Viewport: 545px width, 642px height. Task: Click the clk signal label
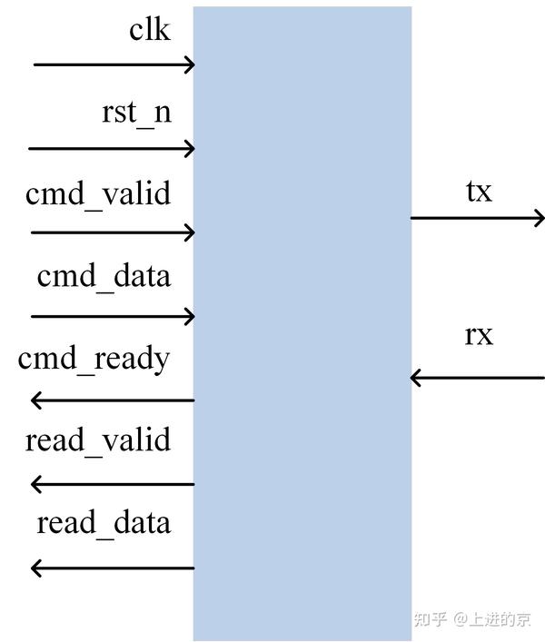[x=149, y=31]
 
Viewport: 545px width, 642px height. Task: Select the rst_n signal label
[x=136, y=114]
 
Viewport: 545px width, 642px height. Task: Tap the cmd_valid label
[x=98, y=195]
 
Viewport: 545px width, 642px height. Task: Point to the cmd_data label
[x=104, y=276]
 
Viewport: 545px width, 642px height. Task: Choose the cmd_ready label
[x=94, y=360]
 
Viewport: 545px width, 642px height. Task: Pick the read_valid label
[x=98, y=441]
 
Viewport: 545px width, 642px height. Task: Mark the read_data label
[x=104, y=524]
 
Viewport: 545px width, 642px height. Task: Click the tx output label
[x=479, y=192]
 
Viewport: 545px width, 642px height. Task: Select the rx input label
[x=479, y=335]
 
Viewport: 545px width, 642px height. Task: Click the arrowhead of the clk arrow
[x=190, y=64]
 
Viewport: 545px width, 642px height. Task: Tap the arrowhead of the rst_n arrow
[x=190, y=148]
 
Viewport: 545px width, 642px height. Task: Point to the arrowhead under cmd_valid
[x=190, y=232]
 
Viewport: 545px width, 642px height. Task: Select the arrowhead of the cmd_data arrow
[x=190, y=316]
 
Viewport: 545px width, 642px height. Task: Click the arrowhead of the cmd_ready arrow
[x=36, y=400]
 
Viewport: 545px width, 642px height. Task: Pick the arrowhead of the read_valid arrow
[x=36, y=484]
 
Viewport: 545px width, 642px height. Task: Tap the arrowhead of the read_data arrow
[x=36, y=568]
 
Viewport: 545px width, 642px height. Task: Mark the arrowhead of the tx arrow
[x=540, y=218]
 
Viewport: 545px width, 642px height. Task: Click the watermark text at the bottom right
[x=472, y=619]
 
